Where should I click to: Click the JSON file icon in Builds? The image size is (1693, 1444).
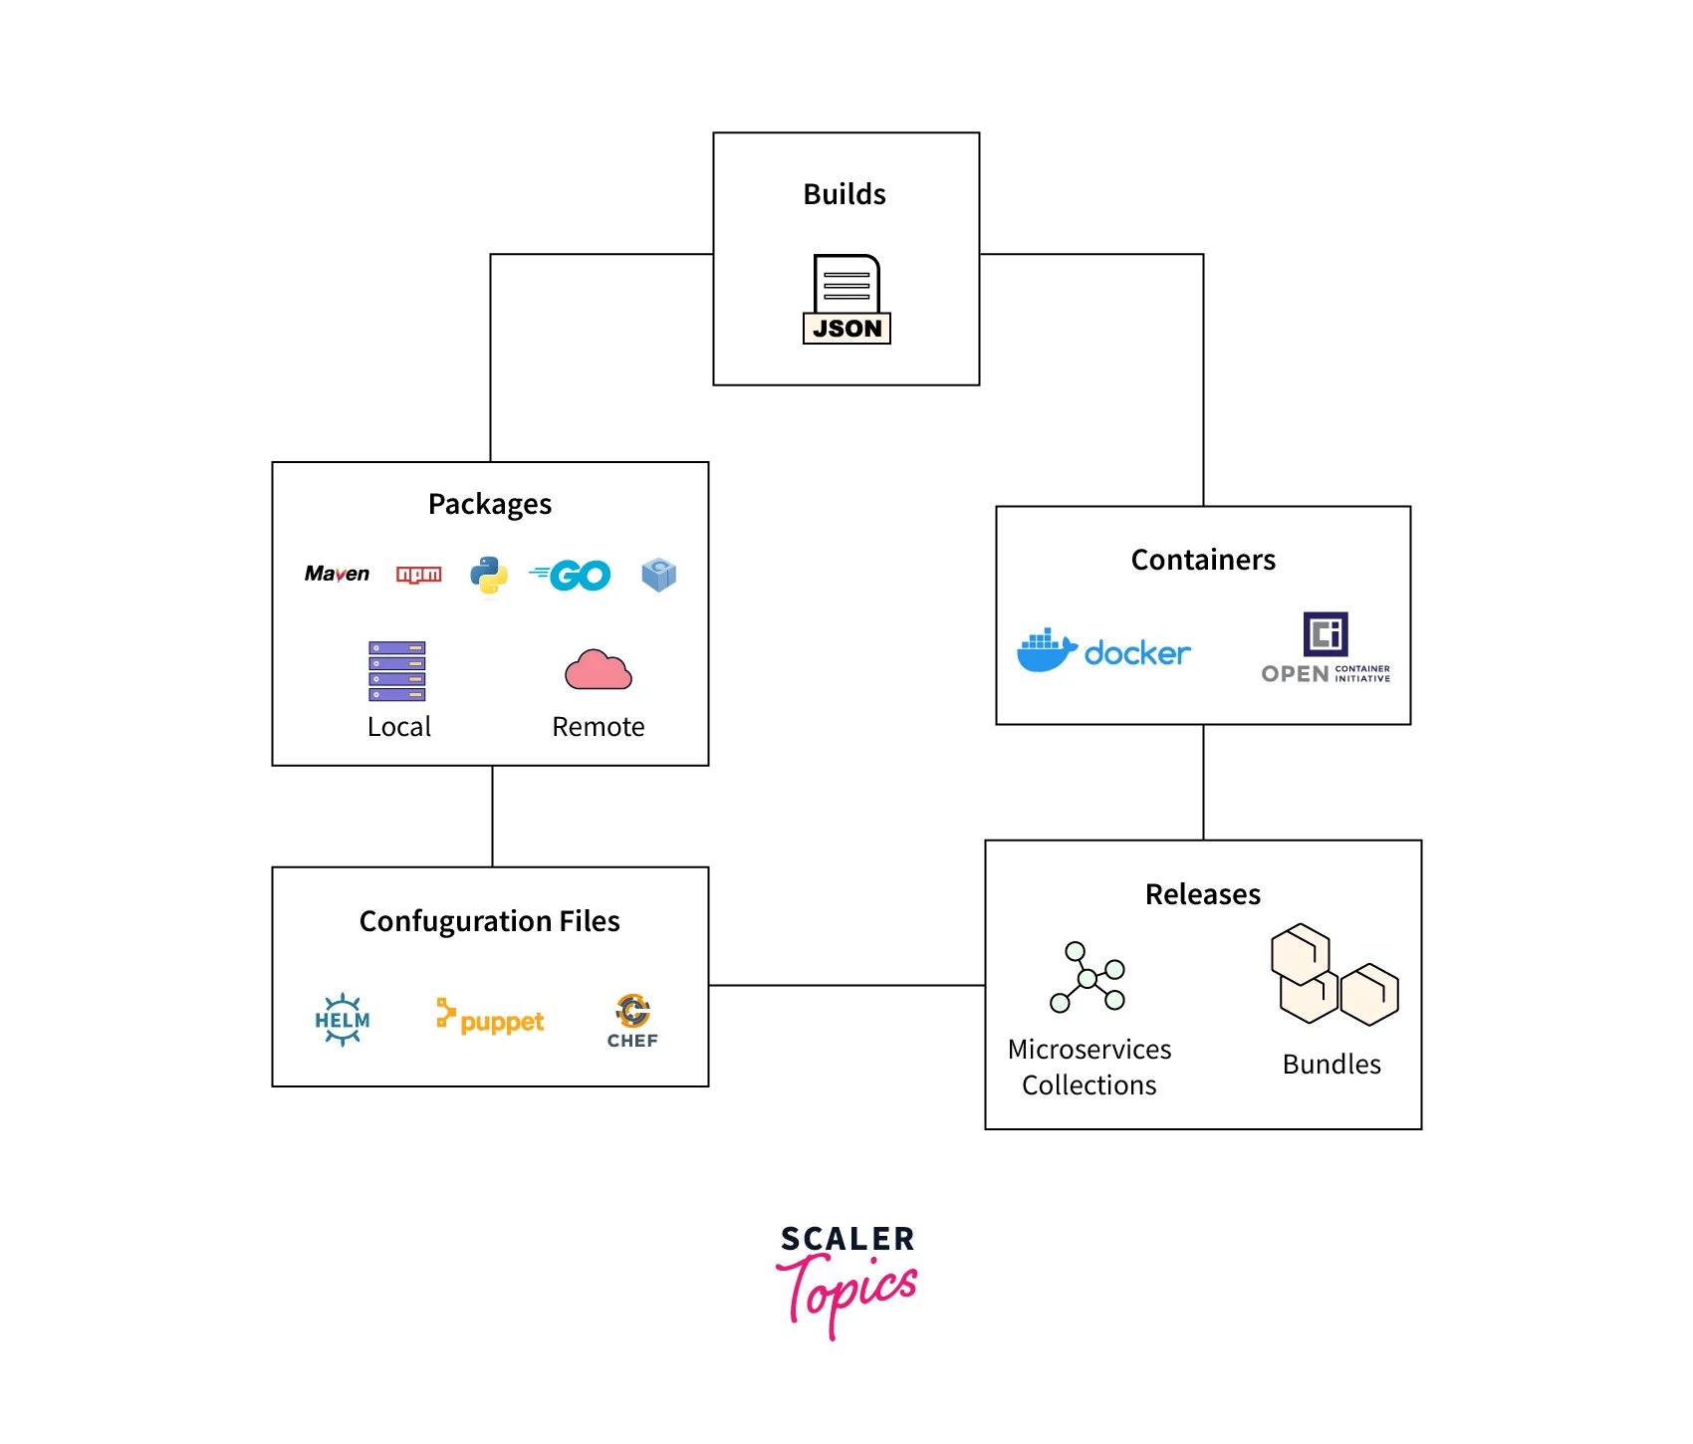(x=846, y=300)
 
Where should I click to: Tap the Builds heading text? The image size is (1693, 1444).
(x=845, y=194)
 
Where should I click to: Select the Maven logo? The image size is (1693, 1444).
(x=337, y=574)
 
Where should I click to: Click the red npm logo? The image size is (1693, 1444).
(x=418, y=575)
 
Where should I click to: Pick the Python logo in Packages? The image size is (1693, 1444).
(x=489, y=576)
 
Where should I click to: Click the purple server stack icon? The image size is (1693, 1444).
(x=397, y=670)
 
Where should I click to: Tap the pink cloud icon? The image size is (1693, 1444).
(x=598, y=670)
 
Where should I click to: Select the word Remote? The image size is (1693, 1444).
(x=599, y=727)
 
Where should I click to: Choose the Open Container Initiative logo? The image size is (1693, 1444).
(x=1326, y=648)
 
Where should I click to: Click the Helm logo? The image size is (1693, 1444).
(x=343, y=1020)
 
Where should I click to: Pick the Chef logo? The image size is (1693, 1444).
(x=632, y=1021)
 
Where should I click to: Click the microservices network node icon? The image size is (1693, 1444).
(x=1088, y=978)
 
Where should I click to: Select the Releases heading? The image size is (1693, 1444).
(x=1203, y=894)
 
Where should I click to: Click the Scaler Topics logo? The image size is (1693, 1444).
(x=847, y=1280)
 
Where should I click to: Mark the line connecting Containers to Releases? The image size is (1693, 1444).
(x=1203, y=783)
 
